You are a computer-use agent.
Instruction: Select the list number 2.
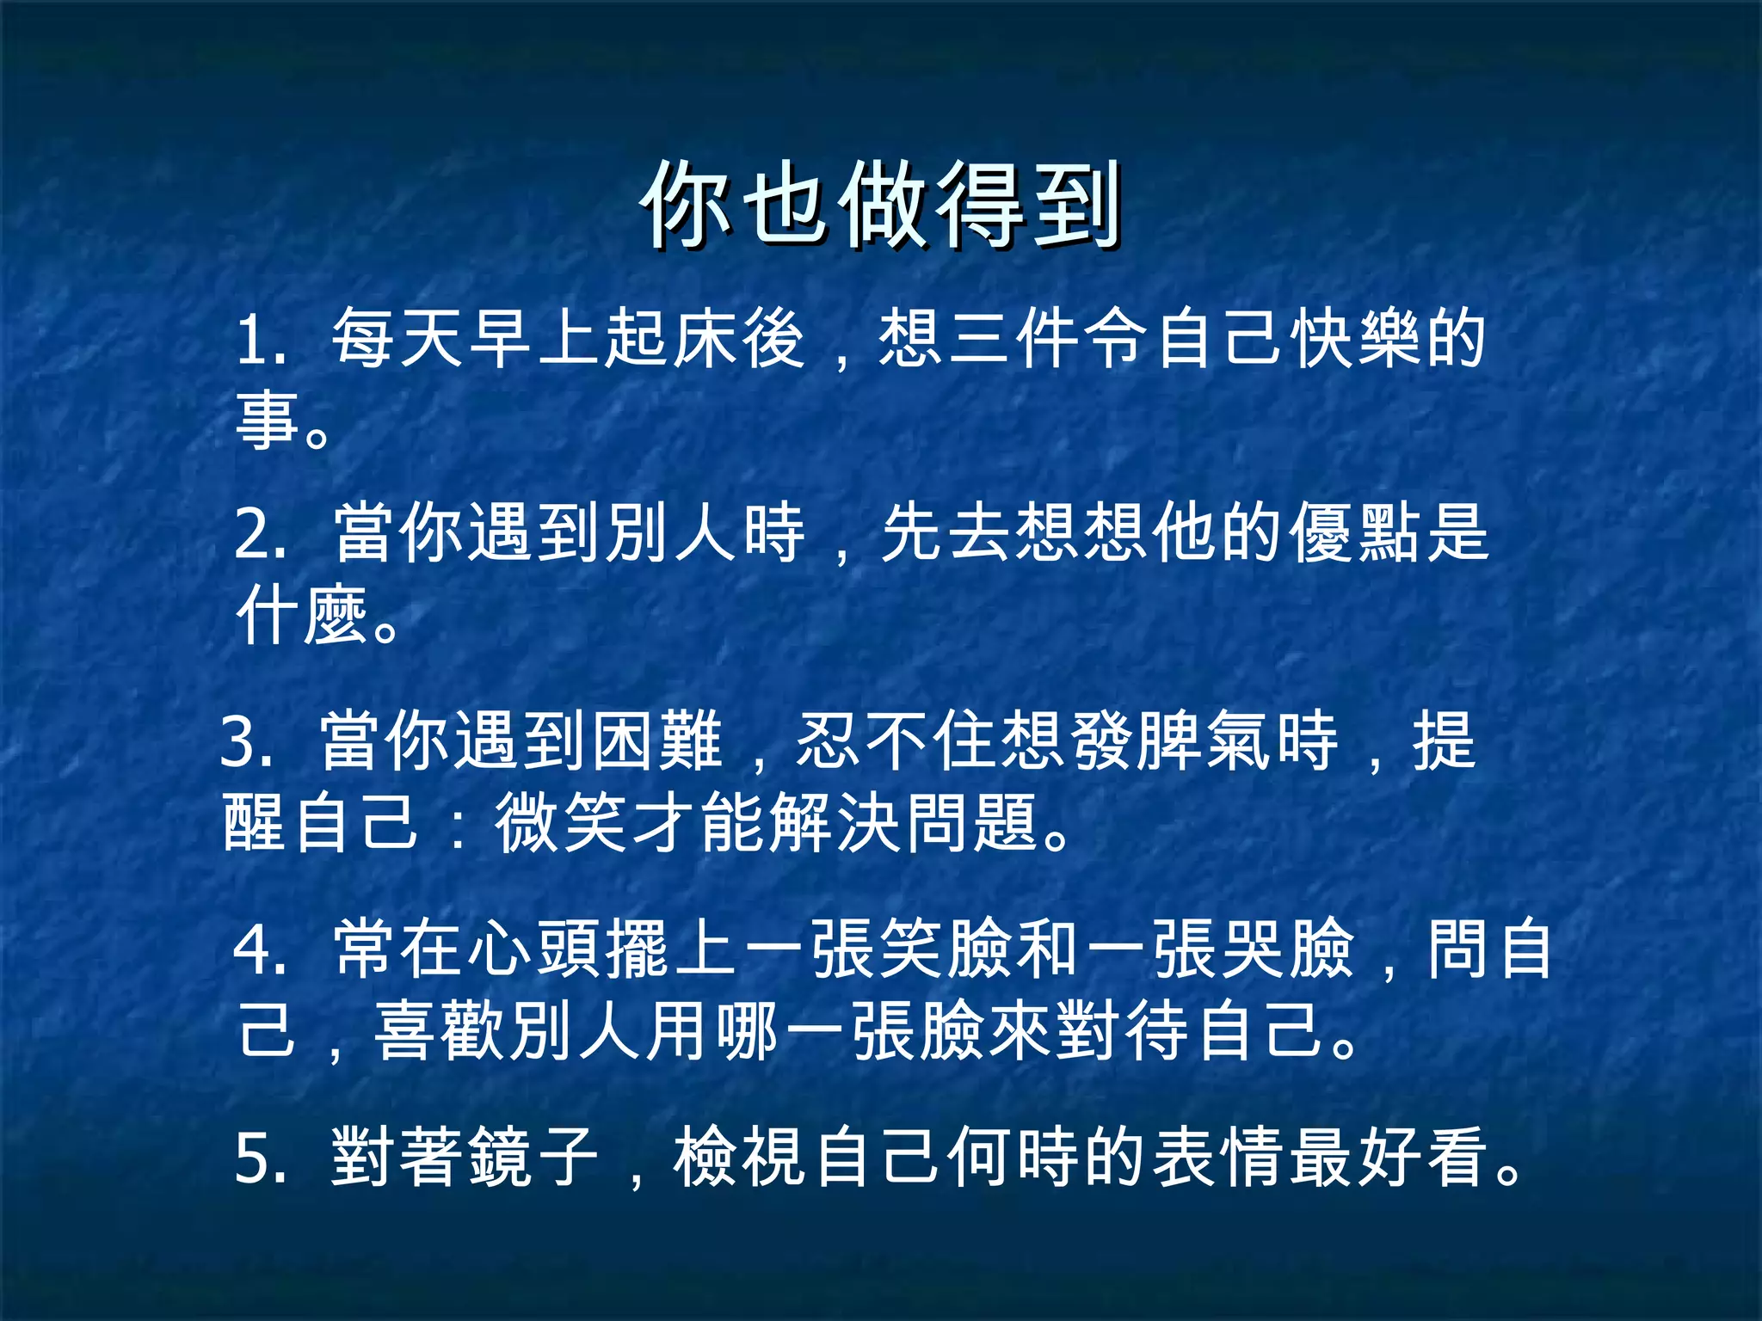(256, 534)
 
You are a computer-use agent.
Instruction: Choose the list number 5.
(256, 1158)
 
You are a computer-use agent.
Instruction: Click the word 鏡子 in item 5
(533, 1156)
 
